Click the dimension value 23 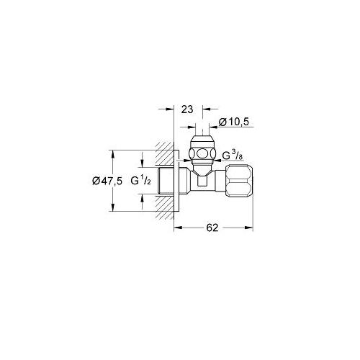click(x=187, y=109)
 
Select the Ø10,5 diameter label click(x=234, y=122)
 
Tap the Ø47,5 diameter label click(x=107, y=181)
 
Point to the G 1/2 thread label click(x=141, y=180)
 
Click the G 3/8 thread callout click(x=233, y=156)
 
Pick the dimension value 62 click(x=212, y=228)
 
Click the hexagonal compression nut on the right click(x=239, y=181)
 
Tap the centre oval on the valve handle click(x=202, y=153)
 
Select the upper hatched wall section click(x=164, y=153)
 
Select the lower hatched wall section click(x=164, y=207)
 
